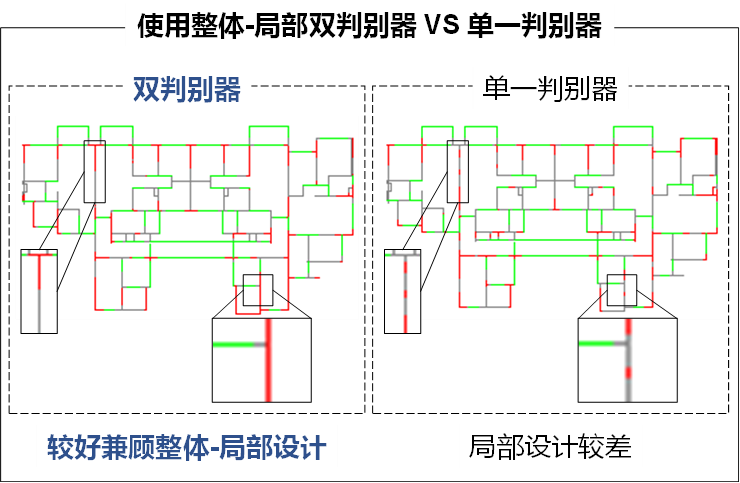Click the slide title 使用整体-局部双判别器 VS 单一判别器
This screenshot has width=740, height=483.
click(369, 25)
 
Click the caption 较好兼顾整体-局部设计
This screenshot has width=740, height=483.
click(187, 447)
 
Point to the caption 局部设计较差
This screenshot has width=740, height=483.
click(550, 447)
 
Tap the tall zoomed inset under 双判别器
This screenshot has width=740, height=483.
click(39, 290)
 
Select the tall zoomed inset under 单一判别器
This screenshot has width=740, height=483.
click(403, 290)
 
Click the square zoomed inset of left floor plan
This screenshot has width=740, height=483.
click(262, 360)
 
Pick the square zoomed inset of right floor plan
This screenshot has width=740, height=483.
click(627, 360)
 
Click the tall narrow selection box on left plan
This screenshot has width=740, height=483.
click(94, 171)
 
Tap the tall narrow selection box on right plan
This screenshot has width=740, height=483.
click(458, 171)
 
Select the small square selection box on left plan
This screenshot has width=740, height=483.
click(258, 289)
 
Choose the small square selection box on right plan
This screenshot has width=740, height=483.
click(622, 289)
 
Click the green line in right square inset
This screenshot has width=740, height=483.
click(602, 345)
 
